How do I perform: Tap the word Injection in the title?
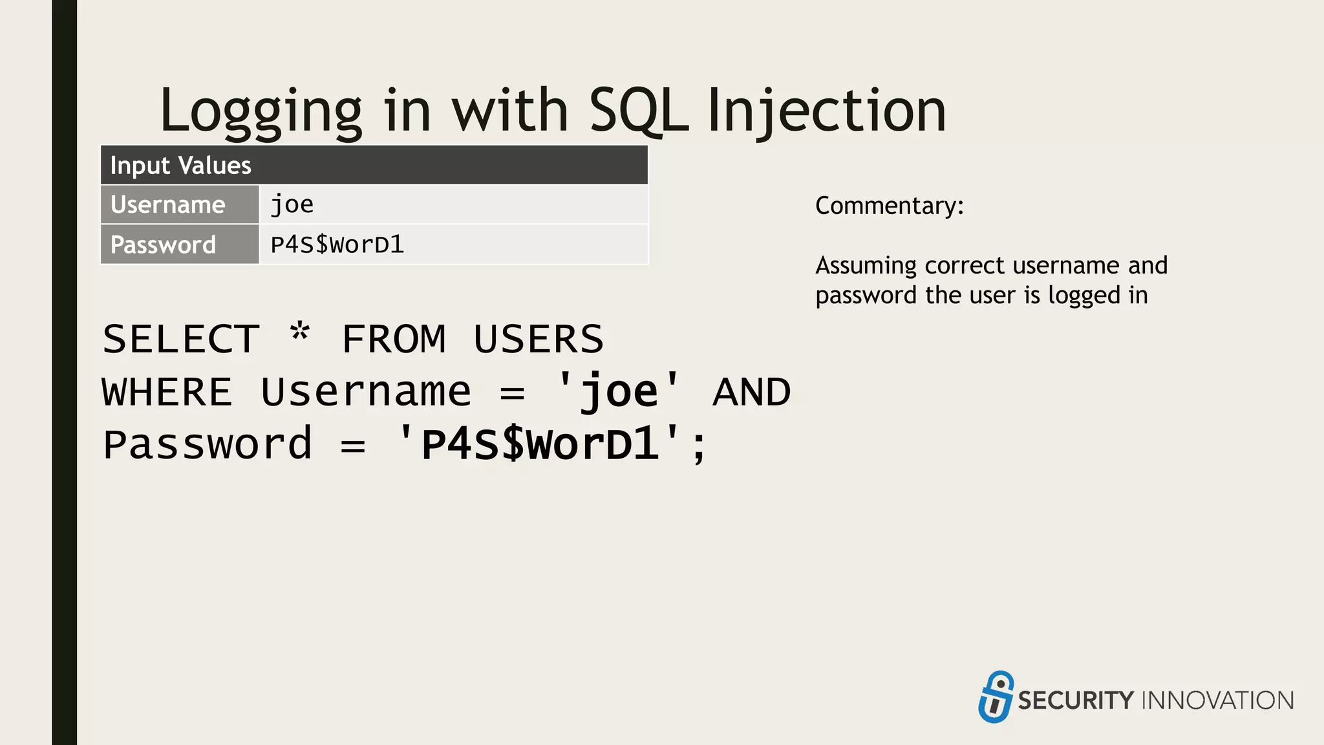pyautogui.click(x=827, y=111)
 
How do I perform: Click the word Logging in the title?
pyautogui.click(x=261, y=111)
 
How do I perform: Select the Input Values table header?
pyautogui.click(x=374, y=166)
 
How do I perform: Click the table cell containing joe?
pyautogui.click(x=453, y=205)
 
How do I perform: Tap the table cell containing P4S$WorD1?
pyautogui.click(x=453, y=245)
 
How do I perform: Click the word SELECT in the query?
pyautogui.click(x=181, y=340)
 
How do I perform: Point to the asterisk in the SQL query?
pyautogui.click(x=300, y=333)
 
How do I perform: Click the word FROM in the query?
pyautogui.click(x=394, y=340)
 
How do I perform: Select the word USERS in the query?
pyautogui.click(x=539, y=340)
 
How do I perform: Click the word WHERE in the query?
pyautogui.click(x=167, y=393)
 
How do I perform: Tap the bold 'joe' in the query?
pyautogui.click(x=619, y=393)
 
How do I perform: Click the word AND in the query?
pyautogui.click(x=752, y=393)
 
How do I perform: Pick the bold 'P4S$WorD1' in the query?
pyautogui.click(x=539, y=445)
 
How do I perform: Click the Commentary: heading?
pyautogui.click(x=889, y=206)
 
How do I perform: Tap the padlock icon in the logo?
pyautogui.click(x=996, y=697)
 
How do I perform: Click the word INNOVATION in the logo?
pyautogui.click(x=1218, y=701)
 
